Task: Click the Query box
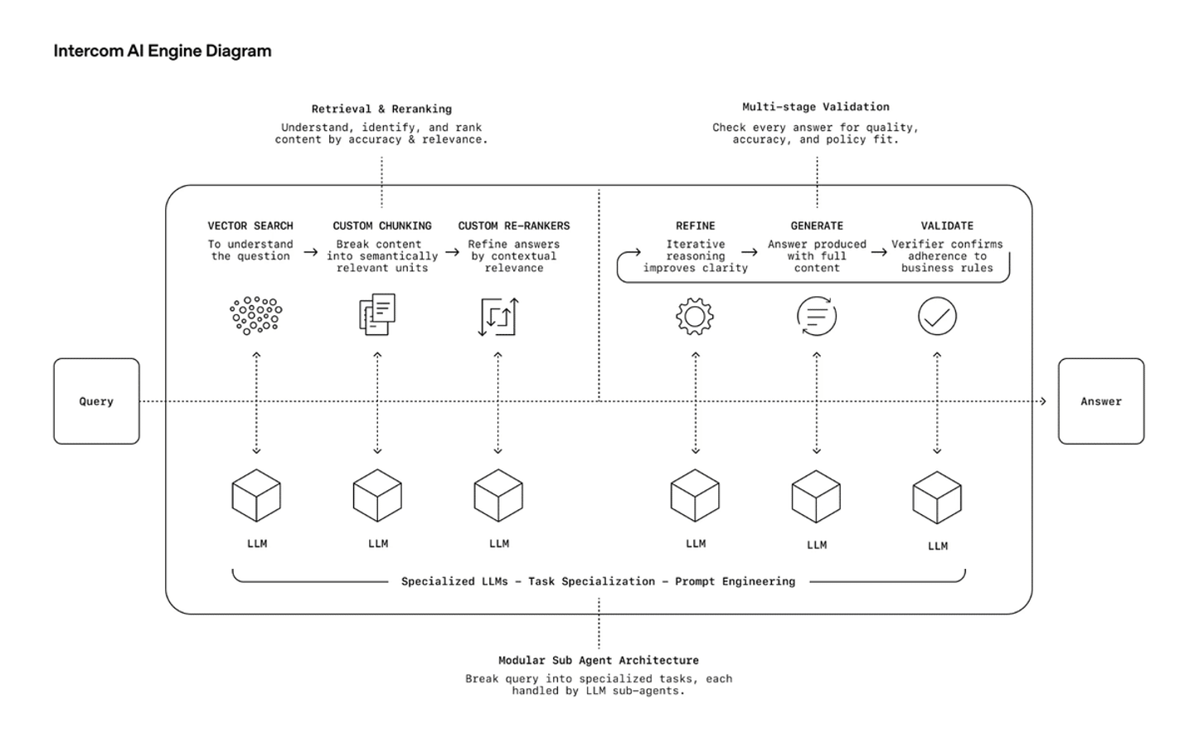(96, 401)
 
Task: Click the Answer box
(1100, 401)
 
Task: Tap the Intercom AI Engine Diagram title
(163, 51)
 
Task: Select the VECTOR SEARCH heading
(250, 226)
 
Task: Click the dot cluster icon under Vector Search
(256, 316)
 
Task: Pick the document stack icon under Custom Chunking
(377, 314)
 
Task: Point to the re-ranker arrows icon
(498, 317)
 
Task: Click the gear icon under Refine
(695, 316)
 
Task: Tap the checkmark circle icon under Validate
(937, 316)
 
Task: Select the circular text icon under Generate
(817, 316)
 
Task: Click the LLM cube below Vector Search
(256, 496)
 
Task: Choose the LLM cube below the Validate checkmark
(937, 498)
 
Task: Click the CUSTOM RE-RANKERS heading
(514, 226)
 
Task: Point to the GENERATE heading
(817, 226)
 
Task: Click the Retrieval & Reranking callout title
(381, 109)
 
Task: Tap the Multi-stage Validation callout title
(816, 107)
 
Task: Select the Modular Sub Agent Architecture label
(598, 660)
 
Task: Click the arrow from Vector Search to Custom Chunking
(310, 251)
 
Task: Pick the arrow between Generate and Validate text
(879, 251)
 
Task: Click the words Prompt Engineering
(735, 581)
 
